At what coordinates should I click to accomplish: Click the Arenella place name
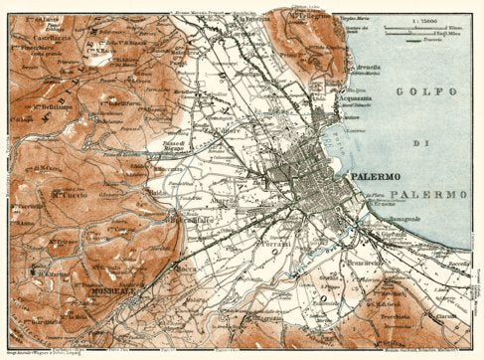pos(368,68)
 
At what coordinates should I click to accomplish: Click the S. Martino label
pos(50,270)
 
